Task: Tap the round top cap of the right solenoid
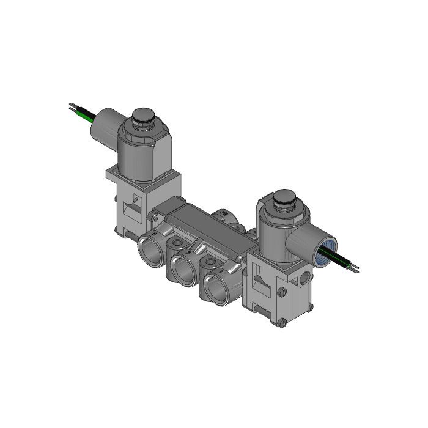(285, 197)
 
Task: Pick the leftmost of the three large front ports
(150, 249)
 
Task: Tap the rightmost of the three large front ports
(215, 285)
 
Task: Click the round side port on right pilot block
(304, 280)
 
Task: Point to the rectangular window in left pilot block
(130, 207)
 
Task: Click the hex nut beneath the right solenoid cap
(282, 210)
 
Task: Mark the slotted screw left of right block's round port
(282, 292)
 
